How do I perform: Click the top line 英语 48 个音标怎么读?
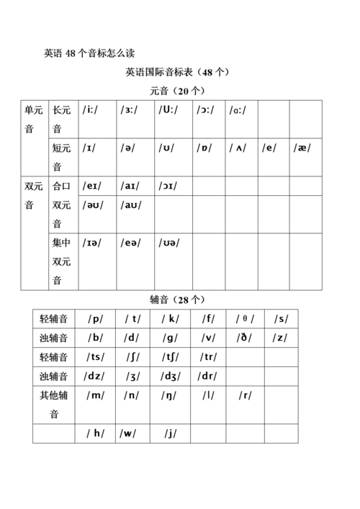click(x=89, y=53)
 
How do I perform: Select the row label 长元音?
click(x=62, y=119)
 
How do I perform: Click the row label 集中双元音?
click(x=62, y=261)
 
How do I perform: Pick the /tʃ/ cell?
click(x=171, y=356)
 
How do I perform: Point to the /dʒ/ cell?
click(x=171, y=375)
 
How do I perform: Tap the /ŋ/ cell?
click(x=171, y=395)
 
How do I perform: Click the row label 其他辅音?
click(x=54, y=404)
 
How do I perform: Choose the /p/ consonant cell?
click(x=95, y=319)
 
